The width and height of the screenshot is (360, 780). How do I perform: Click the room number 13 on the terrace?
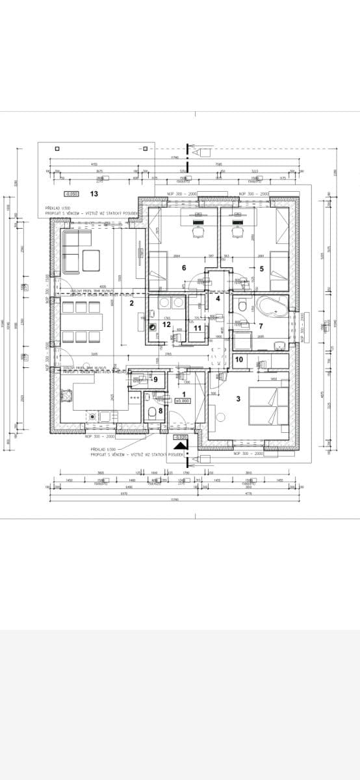(94, 194)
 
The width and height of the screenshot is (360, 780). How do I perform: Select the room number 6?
(184, 268)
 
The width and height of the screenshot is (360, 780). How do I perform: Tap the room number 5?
(262, 268)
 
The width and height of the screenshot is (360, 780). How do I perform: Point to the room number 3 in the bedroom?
(238, 398)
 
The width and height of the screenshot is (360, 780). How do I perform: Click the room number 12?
(167, 324)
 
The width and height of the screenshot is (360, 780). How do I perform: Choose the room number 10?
(238, 359)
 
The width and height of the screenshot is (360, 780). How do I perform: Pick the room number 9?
(155, 379)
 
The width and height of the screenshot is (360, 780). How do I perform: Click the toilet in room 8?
(150, 412)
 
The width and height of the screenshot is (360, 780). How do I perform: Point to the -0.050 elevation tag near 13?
(71, 194)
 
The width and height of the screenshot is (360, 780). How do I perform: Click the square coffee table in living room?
(91, 261)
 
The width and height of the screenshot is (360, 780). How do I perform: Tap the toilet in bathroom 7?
(241, 305)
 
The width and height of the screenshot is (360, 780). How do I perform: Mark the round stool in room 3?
(212, 354)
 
